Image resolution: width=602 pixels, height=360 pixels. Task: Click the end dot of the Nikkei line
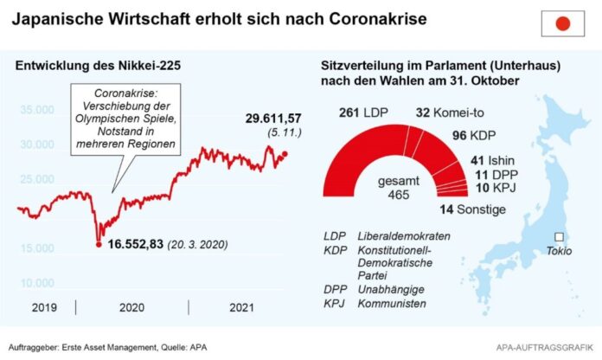286,154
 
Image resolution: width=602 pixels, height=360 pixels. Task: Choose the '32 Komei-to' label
449,112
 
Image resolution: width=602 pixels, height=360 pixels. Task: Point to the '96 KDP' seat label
476,136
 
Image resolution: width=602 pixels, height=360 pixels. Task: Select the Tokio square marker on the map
559,237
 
